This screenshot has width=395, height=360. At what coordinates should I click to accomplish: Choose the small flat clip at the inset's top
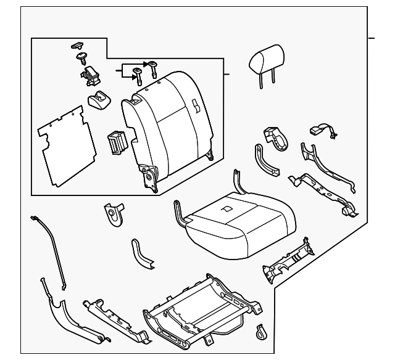point(77,45)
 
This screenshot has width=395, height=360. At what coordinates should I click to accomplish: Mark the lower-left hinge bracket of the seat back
point(150,179)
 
